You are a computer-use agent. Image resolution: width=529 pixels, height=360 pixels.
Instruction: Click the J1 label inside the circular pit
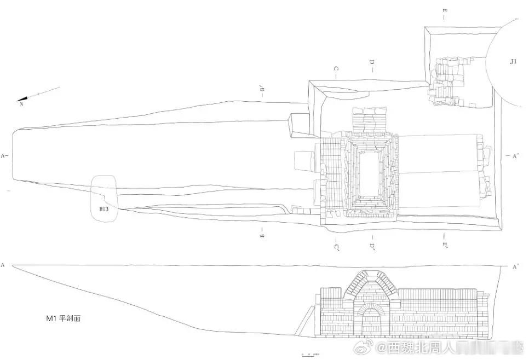tap(513, 62)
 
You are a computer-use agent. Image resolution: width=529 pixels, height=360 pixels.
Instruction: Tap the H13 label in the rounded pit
tap(104, 209)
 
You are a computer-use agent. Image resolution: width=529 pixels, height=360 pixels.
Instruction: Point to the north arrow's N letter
tap(21, 103)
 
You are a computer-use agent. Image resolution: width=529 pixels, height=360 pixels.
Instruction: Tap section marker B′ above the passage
tap(263, 90)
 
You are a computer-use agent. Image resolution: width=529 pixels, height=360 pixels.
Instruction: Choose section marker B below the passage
tap(263, 235)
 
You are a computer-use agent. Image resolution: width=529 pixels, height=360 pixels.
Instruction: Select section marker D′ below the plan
tap(372, 246)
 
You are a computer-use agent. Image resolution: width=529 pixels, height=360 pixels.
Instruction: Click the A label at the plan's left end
tap(3, 156)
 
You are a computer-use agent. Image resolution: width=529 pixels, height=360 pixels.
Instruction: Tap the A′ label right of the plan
tap(515, 156)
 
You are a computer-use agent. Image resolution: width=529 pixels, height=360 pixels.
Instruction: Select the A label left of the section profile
tap(3, 265)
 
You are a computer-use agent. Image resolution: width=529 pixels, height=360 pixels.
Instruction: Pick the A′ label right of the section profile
tap(515, 267)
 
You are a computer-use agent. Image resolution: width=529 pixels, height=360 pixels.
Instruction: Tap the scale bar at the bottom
tap(309, 354)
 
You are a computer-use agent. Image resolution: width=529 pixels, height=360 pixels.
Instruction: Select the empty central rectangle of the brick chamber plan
tap(371, 173)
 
